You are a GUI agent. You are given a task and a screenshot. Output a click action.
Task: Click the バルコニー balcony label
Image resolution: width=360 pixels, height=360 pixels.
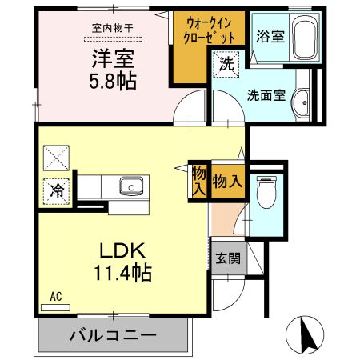point(113,334)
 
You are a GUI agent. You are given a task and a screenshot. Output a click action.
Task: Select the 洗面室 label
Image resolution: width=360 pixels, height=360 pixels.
point(266,93)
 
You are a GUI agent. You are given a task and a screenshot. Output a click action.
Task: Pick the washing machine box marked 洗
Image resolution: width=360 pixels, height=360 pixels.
point(226,65)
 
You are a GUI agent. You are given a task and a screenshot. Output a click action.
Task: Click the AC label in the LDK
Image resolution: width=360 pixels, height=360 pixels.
point(56,296)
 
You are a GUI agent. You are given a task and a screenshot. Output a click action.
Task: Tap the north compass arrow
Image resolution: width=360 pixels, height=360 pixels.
point(306,335)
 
